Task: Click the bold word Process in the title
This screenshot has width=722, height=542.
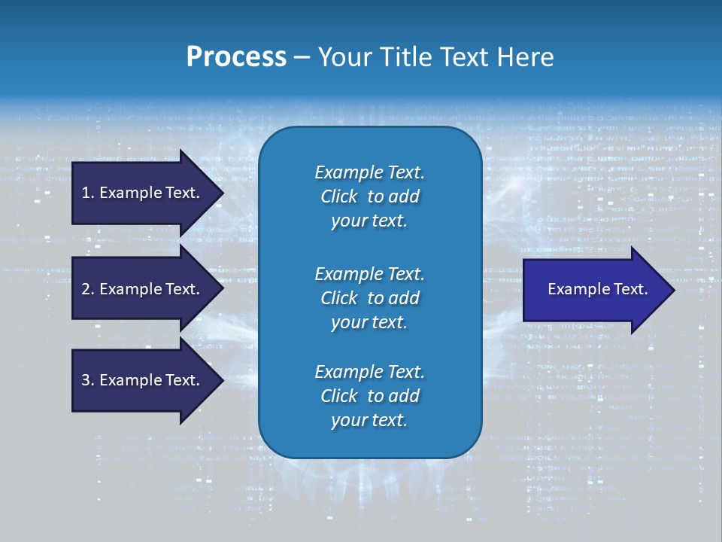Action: [236, 57]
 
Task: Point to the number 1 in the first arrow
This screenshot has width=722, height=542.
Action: [86, 193]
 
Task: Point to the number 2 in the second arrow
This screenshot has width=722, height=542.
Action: [86, 289]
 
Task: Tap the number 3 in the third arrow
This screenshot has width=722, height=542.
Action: [86, 380]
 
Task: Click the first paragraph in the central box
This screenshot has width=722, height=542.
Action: [369, 196]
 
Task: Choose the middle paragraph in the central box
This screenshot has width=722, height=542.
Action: [369, 298]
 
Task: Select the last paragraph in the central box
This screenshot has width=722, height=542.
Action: [369, 396]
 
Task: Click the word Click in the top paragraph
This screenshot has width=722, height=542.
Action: [338, 196]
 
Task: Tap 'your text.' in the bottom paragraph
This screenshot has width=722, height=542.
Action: [369, 420]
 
